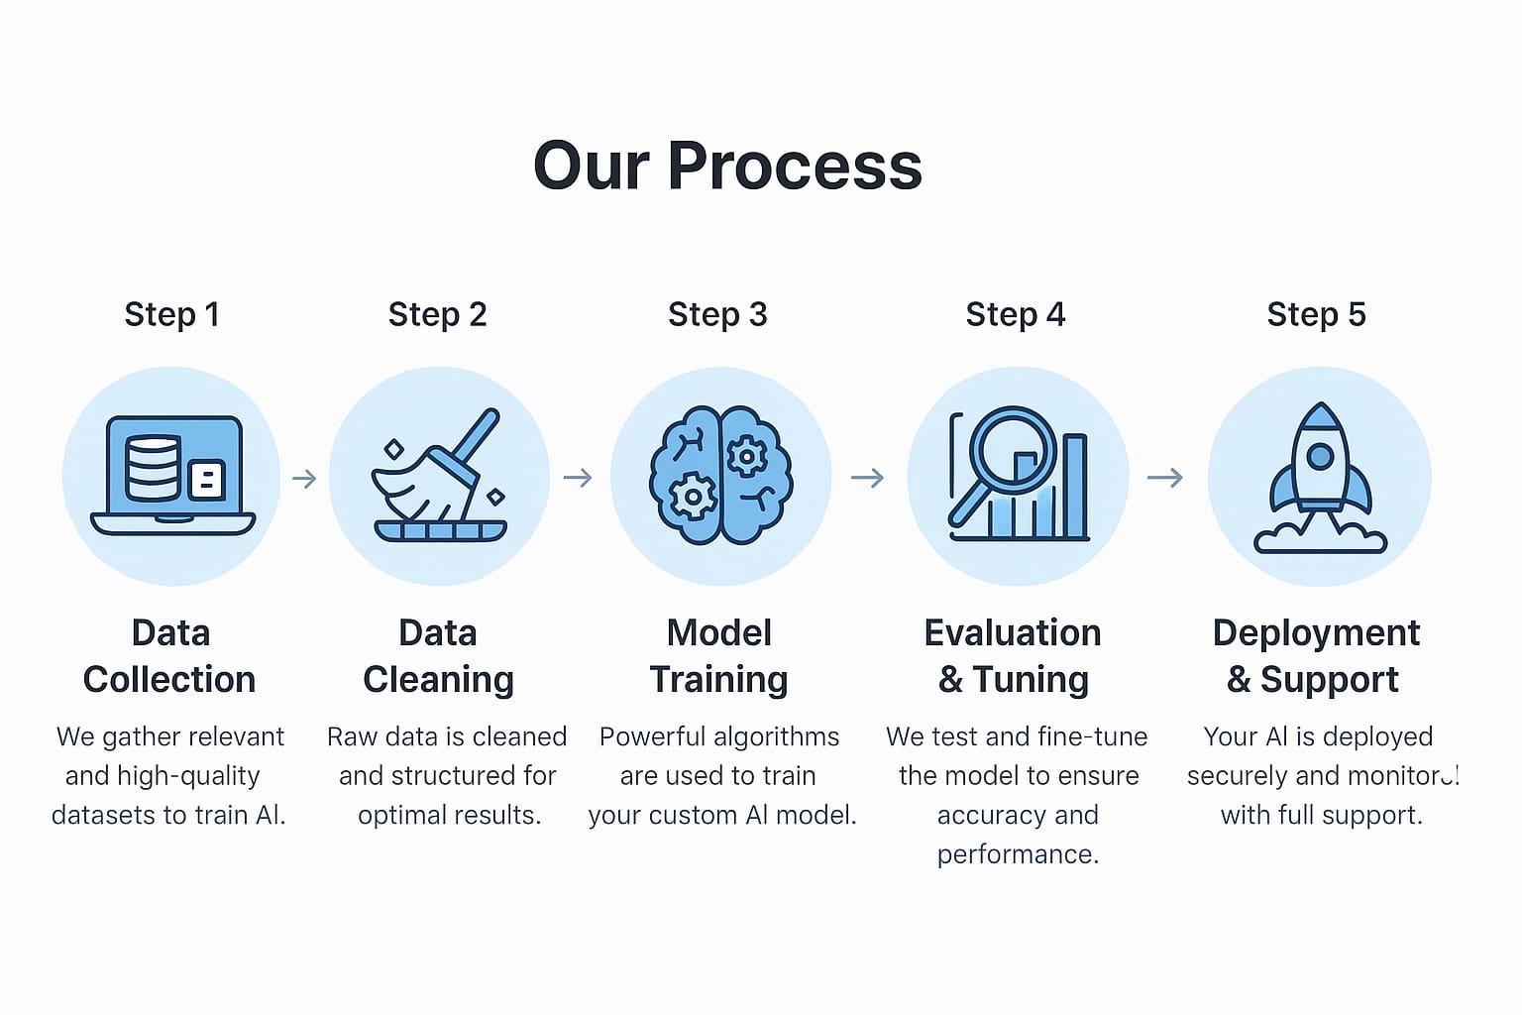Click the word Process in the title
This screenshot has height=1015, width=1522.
coord(795,166)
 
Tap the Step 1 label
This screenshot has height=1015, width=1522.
coord(171,314)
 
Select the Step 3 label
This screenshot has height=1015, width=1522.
coord(717,314)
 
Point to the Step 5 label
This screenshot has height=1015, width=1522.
coord(1316,314)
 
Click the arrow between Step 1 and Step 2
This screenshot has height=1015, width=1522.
coord(304,479)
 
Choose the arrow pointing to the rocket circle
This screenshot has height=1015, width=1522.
coord(1164,479)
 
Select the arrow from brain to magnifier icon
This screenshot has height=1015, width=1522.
coord(867,479)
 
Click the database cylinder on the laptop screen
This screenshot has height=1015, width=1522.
coord(153,468)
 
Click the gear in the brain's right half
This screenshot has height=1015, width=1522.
coord(745,456)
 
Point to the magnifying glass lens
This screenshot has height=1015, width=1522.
coord(1012,445)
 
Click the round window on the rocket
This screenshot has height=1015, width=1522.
coord(1319,456)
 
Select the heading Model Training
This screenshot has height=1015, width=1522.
coord(718,656)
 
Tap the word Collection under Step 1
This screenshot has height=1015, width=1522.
coord(169,680)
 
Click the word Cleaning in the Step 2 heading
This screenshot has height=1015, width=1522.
coord(438,680)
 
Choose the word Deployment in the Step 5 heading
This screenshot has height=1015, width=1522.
coord(1316,633)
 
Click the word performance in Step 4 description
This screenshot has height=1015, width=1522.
coord(1018,854)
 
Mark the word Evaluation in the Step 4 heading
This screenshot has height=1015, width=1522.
coord(1012,633)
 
